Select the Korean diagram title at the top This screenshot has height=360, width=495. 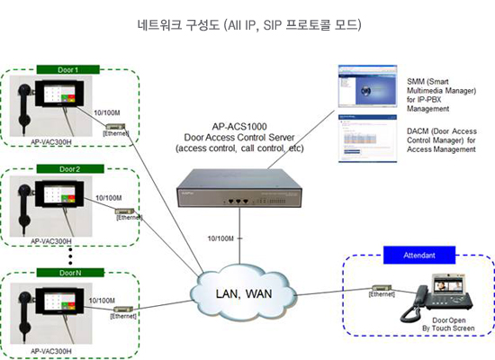pyautogui.click(x=247, y=22)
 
